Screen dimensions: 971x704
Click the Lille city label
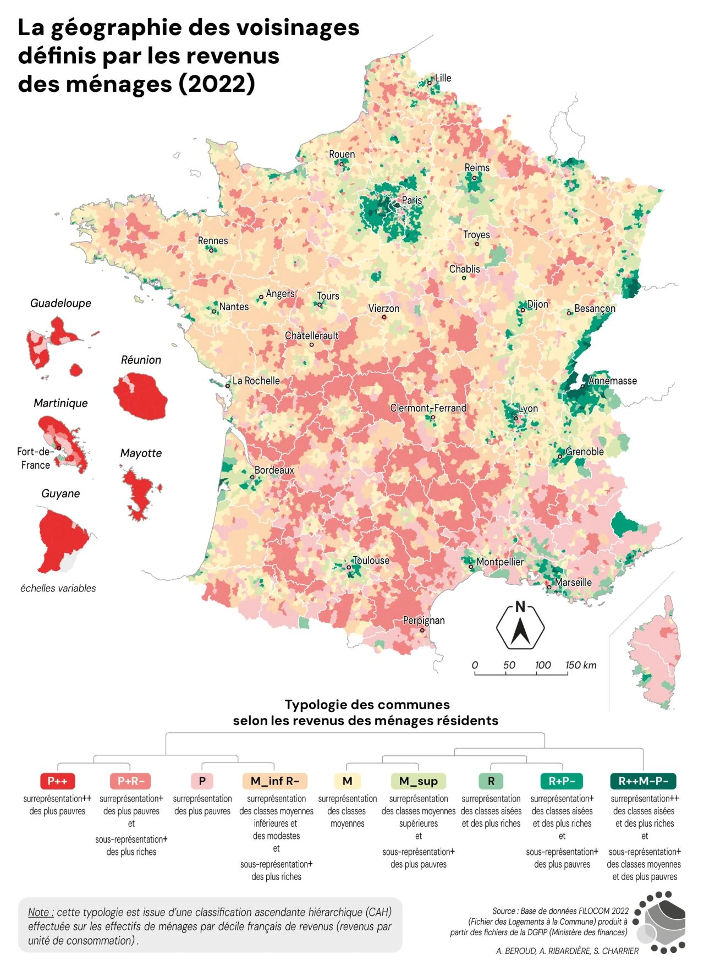pyautogui.click(x=443, y=78)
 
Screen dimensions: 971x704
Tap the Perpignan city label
pyautogui.click(x=424, y=621)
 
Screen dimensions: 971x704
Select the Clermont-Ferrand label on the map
pyautogui.click(x=428, y=408)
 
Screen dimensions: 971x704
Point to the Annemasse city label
pyautogui.click(x=612, y=381)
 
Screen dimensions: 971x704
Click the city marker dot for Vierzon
pyautogui.click(x=384, y=317)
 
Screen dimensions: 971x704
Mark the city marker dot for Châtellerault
pyautogui.click(x=311, y=344)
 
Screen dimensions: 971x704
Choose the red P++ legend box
pyautogui.click(x=57, y=781)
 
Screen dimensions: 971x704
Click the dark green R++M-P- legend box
pyautogui.click(x=643, y=781)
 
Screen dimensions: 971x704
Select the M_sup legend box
pyautogui.click(x=418, y=781)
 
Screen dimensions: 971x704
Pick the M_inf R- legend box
pyautogui.click(x=274, y=781)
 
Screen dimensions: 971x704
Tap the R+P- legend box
pyautogui.click(x=562, y=781)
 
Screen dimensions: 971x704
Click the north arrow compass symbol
pyautogui.click(x=520, y=627)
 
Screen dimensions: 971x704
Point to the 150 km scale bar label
pyautogui.click(x=580, y=665)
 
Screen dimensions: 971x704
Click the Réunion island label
pyautogui.click(x=141, y=360)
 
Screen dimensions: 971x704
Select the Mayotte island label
pyautogui.click(x=141, y=453)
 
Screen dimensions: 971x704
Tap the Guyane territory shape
pyautogui.click(x=61, y=539)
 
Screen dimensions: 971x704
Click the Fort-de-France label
pyautogui.click(x=35, y=458)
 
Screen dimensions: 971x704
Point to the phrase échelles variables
pyautogui.click(x=58, y=588)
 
